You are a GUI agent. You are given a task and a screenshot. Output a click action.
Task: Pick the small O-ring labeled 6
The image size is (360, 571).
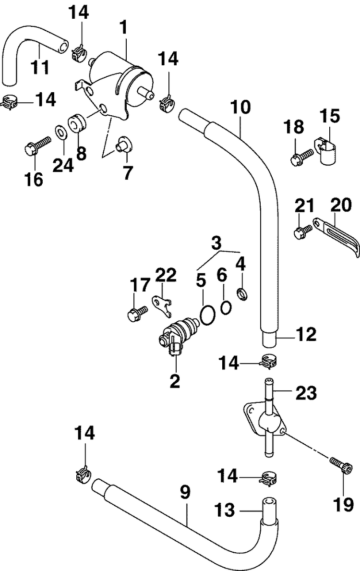click(x=227, y=306)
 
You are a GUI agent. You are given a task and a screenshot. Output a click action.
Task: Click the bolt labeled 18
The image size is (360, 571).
click(x=301, y=157)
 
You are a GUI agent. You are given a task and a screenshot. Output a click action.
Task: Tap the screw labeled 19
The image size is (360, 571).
click(x=343, y=465)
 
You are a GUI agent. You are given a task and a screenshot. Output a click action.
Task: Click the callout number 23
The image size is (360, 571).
click(x=306, y=394)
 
